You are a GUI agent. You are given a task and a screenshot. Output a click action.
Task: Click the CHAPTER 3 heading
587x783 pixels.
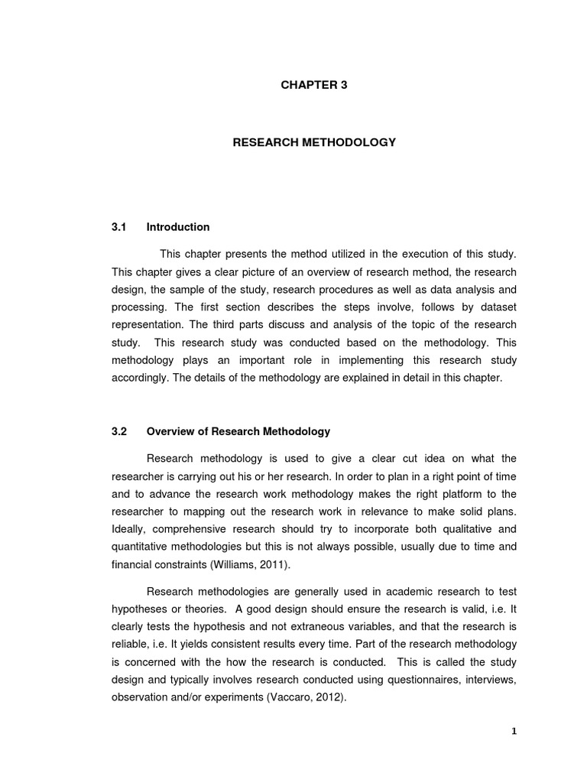[x=314, y=85]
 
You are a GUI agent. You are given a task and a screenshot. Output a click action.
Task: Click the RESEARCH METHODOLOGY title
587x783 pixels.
[x=314, y=142]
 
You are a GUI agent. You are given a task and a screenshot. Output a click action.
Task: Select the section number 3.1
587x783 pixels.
[x=118, y=227]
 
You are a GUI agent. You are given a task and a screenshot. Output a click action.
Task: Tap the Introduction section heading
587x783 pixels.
[x=178, y=227]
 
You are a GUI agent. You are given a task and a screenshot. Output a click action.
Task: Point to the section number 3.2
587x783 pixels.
[x=118, y=431]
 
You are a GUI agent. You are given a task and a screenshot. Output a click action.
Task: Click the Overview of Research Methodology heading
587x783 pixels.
[x=238, y=431]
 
